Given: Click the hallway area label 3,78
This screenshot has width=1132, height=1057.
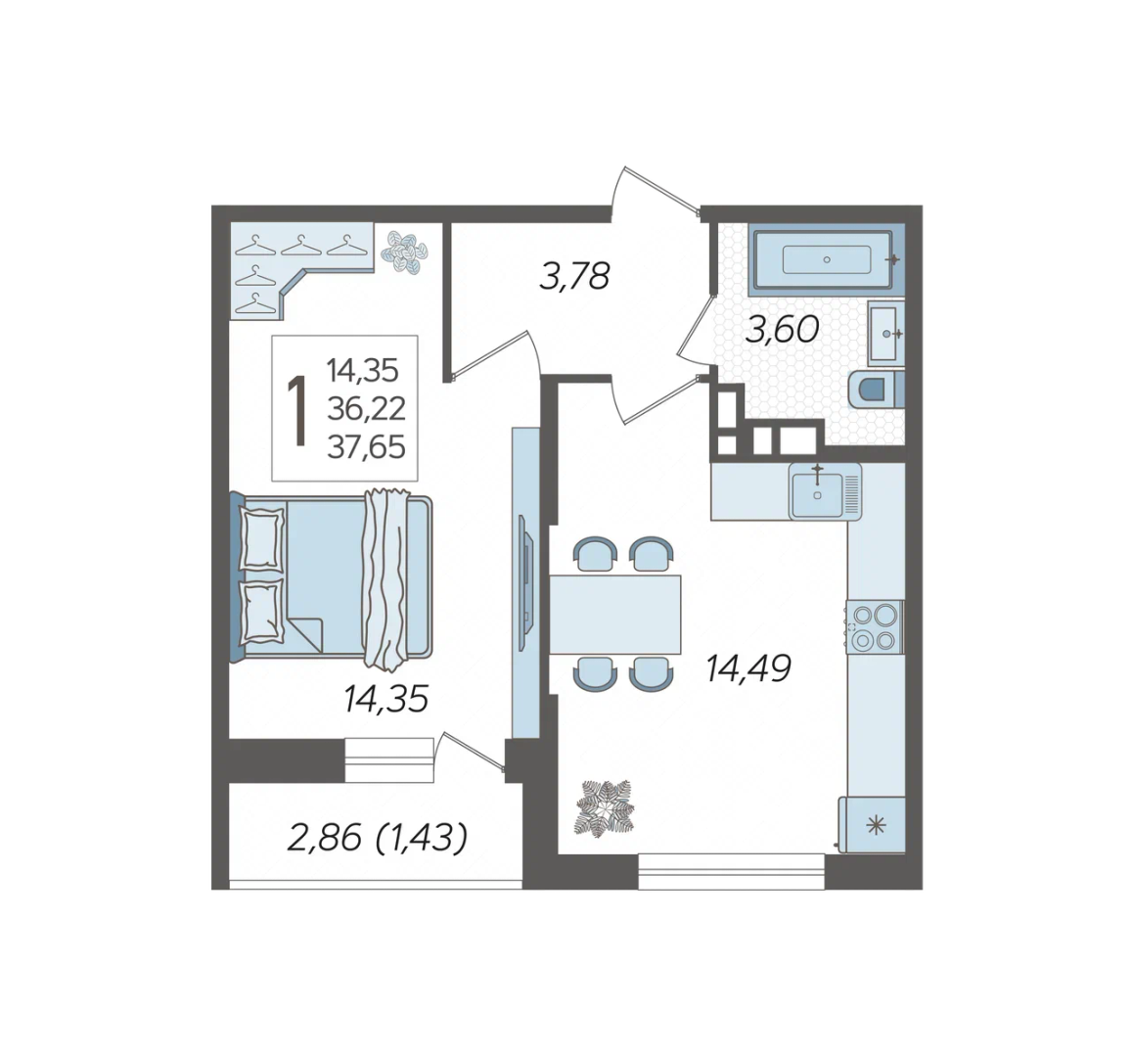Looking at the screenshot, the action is (574, 276).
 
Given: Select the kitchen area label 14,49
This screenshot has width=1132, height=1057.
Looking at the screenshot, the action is (748, 667).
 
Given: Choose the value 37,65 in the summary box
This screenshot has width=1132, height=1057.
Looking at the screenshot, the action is (366, 447).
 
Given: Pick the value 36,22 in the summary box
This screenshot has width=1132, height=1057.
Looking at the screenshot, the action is (366, 409).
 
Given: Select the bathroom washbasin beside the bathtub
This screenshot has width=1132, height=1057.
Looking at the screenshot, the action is (885, 333).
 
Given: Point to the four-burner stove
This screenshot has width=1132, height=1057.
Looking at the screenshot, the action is (875, 627).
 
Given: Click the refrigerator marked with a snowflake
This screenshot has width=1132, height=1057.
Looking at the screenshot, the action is (872, 824).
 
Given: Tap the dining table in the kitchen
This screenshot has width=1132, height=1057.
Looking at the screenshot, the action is (615, 615).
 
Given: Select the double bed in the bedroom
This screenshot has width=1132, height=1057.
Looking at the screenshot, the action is (332, 576).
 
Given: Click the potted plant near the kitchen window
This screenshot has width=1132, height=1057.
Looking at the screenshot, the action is (604, 807).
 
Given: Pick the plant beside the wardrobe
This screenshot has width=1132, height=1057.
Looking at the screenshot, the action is (405, 251).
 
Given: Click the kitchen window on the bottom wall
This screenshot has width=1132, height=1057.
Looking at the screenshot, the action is (731, 871).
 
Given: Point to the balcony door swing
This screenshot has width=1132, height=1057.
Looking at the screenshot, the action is (470, 755).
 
